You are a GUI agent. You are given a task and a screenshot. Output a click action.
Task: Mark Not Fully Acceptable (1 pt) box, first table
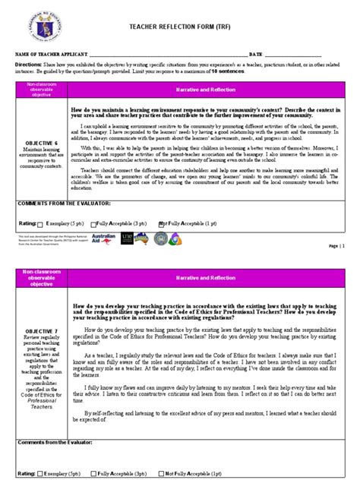click(161, 224)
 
